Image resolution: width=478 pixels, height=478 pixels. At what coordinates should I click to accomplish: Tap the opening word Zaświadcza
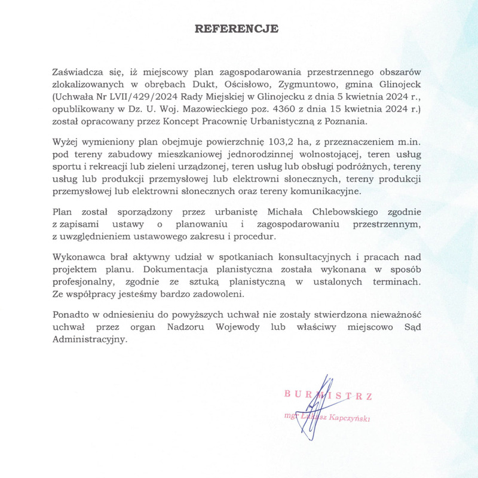coord(75,72)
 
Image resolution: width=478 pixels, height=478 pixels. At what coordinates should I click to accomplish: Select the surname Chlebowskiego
coord(347,212)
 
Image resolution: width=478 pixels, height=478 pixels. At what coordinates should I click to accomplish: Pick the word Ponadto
coord(71,315)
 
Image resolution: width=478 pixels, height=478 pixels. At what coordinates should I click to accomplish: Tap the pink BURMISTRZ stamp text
coord(329,395)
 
